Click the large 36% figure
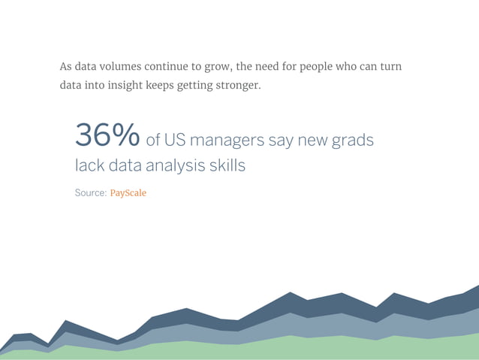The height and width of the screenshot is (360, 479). (x=107, y=135)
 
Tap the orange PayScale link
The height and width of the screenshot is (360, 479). (x=128, y=193)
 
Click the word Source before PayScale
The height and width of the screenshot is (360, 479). (x=90, y=193)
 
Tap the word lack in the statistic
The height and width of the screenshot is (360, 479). (x=89, y=165)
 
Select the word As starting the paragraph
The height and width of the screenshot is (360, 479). (x=67, y=66)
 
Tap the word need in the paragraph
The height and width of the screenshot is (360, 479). (x=265, y=66)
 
